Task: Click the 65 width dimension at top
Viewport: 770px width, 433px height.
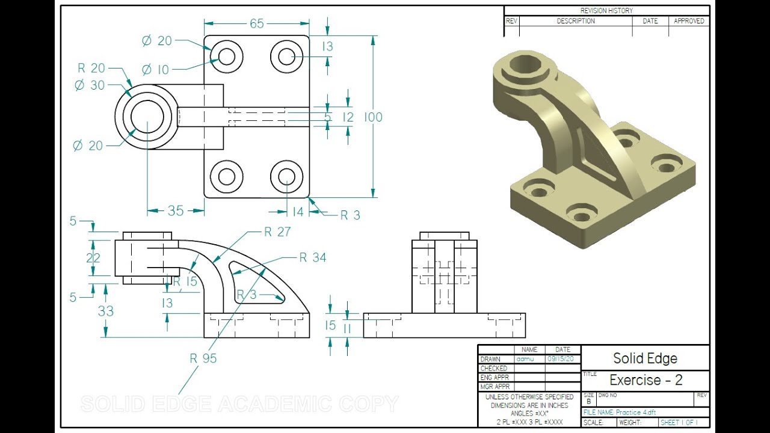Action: pos(257,23)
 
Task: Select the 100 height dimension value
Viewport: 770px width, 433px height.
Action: pos(373,117)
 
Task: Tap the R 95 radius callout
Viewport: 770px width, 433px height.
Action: pos(203,358)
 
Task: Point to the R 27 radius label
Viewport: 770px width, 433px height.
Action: pos(277,232)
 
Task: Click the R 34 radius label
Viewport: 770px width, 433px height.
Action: pos(313,258)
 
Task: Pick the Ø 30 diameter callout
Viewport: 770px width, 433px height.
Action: pos(89,85)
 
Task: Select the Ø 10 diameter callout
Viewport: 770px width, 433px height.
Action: pos(155,70)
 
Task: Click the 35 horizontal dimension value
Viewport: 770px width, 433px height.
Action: pos(176,211)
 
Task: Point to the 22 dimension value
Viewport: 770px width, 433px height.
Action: pos(93,258)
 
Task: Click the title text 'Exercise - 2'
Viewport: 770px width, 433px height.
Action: pos(646,380)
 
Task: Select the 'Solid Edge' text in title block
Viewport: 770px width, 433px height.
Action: pos(645,358)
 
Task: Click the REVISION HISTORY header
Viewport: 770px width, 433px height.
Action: pos(606,11)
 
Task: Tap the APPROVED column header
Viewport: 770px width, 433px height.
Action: pos(689,21)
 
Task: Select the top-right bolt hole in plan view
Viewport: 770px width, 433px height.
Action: pos(286,57)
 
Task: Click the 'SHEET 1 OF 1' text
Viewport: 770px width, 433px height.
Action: pos(679,423)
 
